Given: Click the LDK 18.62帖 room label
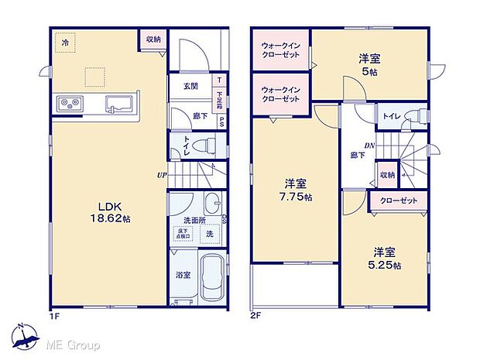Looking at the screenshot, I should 113,211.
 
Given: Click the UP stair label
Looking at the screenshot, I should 163,174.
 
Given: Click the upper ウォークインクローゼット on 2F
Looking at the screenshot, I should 279,49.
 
